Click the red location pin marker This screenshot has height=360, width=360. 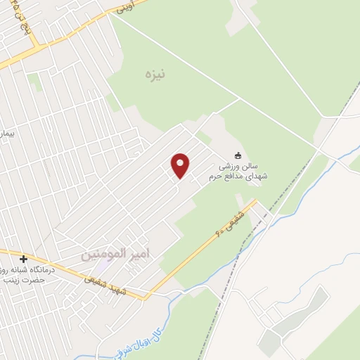click(181, 166)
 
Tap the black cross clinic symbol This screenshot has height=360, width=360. click(23, 259)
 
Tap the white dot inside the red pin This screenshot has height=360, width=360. click(181, 162)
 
